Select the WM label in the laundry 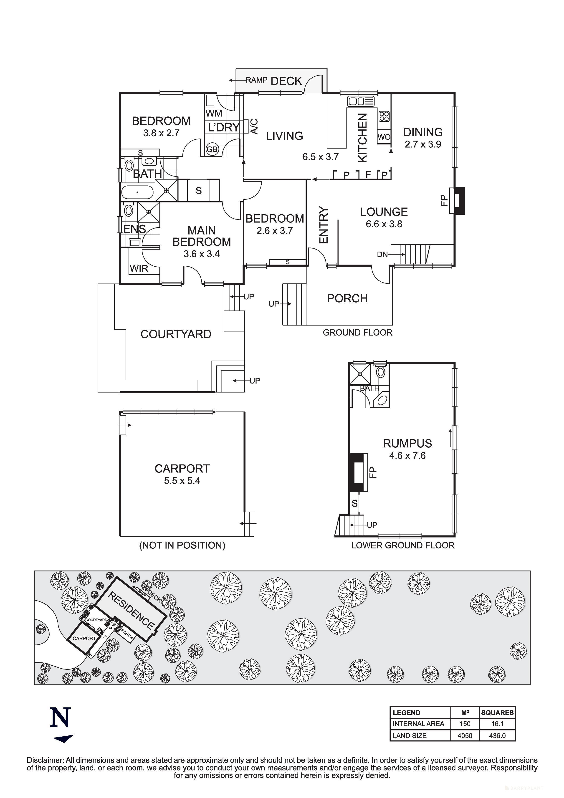pyautogui.click(x=214, y=113)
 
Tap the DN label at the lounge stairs pyautogui.click(x=382, y=254)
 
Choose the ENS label pyautogui.click(x=134, y=229)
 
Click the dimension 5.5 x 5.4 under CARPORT pyautogui.click(x=182, y=481)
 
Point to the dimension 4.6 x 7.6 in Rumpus pyautogui.click(x=407, y=456)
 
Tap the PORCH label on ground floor pyautogui.click(x=347, y=298)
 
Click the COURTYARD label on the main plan pyautogui.click(x=176, y=334)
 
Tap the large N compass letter pyautogui.click(x=61, y=718)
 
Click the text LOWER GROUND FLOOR pyautogui.click(x=402, y=545)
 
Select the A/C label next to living pyautogui.click(x=254, y=126)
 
